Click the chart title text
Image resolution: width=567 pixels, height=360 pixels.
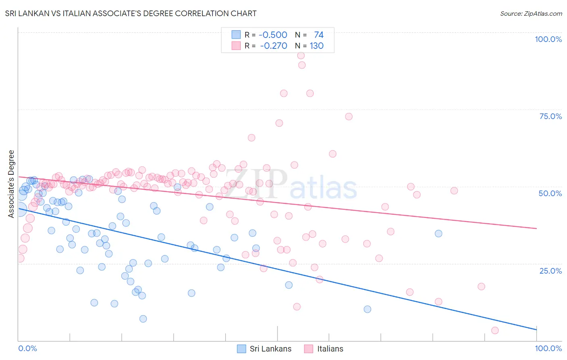point(131,14)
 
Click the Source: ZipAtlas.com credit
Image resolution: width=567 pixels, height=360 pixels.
point(531,14)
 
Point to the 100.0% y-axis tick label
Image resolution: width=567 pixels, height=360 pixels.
point(548,39)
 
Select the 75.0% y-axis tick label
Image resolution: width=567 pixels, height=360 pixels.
point(550,116)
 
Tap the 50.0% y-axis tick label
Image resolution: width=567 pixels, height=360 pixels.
point(550,193)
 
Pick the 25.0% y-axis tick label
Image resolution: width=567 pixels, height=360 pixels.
point(550,271)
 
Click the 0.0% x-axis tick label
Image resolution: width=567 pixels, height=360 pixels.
point(27,348)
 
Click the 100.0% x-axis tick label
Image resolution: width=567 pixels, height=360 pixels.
point(548,348)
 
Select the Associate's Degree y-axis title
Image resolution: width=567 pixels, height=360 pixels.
point(11,184)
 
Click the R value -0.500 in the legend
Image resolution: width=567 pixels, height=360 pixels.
point(273,35)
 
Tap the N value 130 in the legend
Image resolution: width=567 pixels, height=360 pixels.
point(317,46)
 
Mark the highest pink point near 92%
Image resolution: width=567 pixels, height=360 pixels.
point(301,56)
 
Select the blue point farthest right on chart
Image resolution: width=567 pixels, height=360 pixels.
point(438,233)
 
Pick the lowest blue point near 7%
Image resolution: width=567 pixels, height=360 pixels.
point(143,319)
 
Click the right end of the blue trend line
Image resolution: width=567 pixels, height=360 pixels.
point(536,330)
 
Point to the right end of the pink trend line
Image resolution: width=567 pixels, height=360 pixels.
point(536,228)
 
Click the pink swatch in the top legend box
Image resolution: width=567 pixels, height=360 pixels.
point(236,46)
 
